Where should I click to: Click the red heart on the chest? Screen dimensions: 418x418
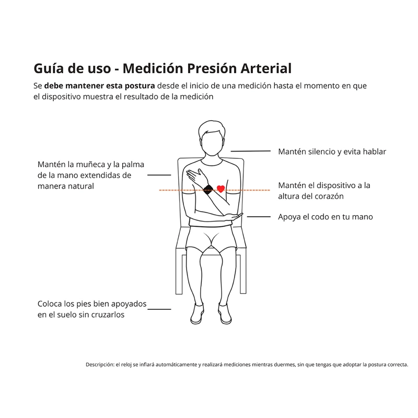tap(220, 189)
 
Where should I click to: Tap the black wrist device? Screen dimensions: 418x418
tap(208, 190)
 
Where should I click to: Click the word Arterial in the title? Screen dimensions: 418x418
tap(266, 68)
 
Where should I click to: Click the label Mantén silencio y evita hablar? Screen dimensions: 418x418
tap(332, 152)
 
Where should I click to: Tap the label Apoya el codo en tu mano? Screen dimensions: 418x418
tap(325, 217)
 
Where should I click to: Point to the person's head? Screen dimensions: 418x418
tap(212, 138)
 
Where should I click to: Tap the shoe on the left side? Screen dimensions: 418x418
tap(198, 314)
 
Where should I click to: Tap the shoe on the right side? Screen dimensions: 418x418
tap(225, 314)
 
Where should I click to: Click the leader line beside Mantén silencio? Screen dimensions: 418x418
tap(251, 151)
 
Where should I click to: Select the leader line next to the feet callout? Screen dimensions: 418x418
tap(159, 309)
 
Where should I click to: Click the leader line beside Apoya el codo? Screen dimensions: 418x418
tap(259, 217)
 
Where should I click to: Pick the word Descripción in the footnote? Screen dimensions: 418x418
tap(100, 365)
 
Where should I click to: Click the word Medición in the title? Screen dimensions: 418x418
tap(153, 68)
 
